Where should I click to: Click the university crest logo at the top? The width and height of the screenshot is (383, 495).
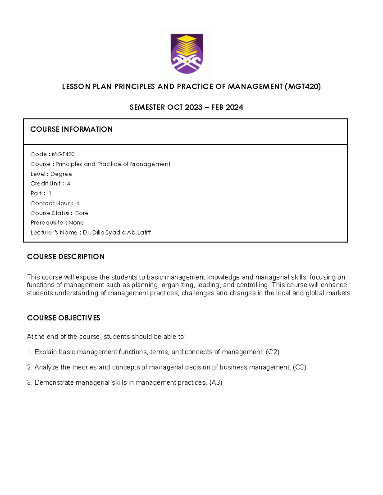tap(187, 54)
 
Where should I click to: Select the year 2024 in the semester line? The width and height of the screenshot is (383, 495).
tap(234, 107)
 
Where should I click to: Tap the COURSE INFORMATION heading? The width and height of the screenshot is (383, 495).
tap(71, 129)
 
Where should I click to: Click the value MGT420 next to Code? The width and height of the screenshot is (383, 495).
tap(63, 154)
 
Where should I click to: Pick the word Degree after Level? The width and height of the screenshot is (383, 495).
tap(61, 174)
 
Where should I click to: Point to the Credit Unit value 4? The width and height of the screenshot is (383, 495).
tap(68, 184)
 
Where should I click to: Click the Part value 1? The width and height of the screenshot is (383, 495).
tap(50, 193)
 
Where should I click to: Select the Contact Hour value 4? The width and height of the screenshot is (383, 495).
tap(77, 203)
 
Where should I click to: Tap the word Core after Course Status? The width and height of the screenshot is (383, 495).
tap(81, 213)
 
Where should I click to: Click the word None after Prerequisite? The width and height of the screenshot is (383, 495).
tap(76, 223)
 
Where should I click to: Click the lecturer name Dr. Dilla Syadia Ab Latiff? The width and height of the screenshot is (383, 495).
tap(117, 233)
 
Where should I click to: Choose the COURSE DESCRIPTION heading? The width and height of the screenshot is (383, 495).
tap(66, 257)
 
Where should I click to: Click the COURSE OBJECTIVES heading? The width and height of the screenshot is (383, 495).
tap(64, 318)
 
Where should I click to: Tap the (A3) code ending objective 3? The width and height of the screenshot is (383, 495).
tap(215, 383)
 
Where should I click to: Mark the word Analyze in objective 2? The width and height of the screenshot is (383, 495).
tap(47, 368)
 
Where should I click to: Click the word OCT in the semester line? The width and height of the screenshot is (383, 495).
tap(175, 107)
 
